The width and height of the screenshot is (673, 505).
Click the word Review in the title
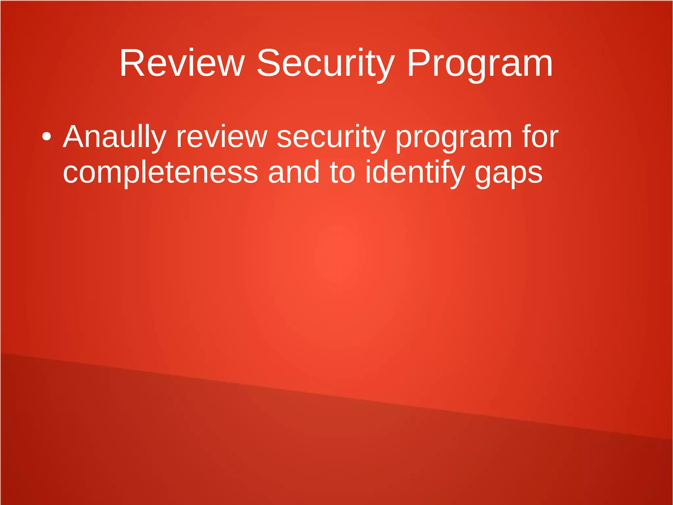tap(182, 63)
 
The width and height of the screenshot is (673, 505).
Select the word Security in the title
tap(325, 63)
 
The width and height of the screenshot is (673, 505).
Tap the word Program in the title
tap(480, 63)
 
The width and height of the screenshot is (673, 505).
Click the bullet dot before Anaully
tap(47, 137)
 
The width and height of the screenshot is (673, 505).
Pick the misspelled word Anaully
tap(115, 137)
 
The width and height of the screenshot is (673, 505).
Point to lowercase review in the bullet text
tap(222, 137)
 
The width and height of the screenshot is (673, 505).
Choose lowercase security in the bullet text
tap(331, 137)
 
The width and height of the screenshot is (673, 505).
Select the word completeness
tap(160, 172)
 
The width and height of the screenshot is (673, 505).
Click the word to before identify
tap(342, 172)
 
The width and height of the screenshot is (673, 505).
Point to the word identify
tap(415, 172)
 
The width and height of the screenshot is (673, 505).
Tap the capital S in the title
tap(268, 63)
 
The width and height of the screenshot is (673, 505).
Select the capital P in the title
tap(418, 63)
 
